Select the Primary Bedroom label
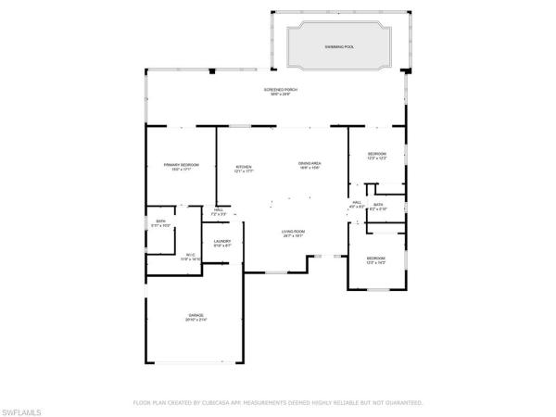(181, 164)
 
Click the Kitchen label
(244, 167)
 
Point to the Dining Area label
(309, 163)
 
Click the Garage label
(196, 315)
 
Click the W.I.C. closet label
(191, 255)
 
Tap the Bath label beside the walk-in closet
(160, 221)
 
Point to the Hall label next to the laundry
(219, 209)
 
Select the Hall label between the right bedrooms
(357, 203)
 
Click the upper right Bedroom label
(376, 154)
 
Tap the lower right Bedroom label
(375, 258)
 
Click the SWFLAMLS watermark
(25, 409)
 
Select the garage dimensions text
(196, 320)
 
